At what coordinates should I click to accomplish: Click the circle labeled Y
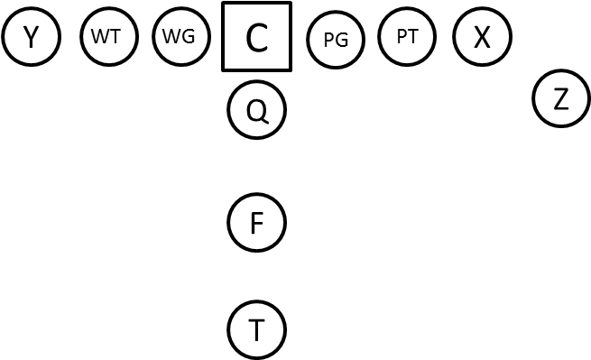31,37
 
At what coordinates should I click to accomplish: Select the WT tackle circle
107,37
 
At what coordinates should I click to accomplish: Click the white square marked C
256,37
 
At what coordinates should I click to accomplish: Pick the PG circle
335,40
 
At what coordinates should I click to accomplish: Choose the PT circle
407,37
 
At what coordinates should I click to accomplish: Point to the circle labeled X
482,37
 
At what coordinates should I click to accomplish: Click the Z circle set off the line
561,99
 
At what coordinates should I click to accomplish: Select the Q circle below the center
256,111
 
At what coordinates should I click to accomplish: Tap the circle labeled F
256,223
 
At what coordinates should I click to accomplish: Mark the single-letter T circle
256,330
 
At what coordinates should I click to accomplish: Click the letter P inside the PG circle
328,40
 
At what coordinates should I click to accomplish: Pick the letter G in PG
341,40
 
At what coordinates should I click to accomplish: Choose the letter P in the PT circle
402,37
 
